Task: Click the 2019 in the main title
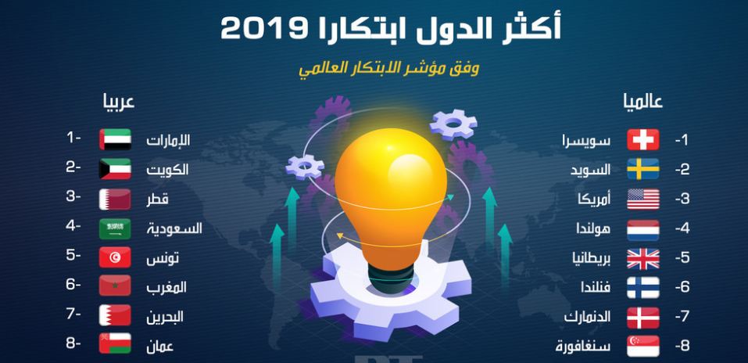point(258,30)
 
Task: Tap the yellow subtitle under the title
point(388,69)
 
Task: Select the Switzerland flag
point(643,139)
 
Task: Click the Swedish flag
point(643,169)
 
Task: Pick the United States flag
point(643,199)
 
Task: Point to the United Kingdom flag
point(643,259)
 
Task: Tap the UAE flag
point(115,139)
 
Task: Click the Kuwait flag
point(115,169)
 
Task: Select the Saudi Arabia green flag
point(115,228)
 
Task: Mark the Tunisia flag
point(115,257)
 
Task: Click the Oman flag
point(115,343)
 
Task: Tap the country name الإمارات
point(168,140)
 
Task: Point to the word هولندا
point(592,228)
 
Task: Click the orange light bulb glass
point(391,196)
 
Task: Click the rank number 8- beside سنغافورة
point(682,346)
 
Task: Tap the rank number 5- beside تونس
point(73,256)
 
